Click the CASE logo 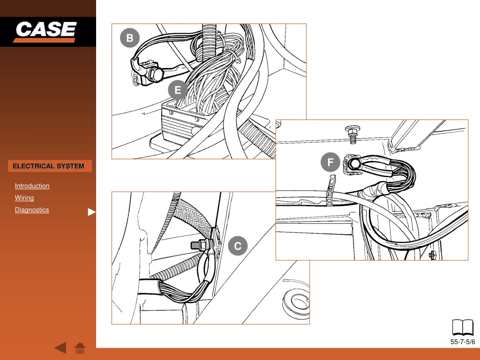pos(45,31)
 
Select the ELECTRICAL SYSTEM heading pos(48,166)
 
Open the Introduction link pos(32,186)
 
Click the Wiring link pos(24,198)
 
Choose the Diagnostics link pos(32,210)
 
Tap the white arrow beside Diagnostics pos(91,212)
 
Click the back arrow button pos(60,348)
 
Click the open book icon pos(463,327)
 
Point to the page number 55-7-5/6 pos(463,342)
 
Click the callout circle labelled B pos(130,38)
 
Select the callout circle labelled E pos(178,90)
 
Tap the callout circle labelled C pos(238,246)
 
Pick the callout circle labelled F pos(330,162)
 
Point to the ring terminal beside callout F pos(354,165)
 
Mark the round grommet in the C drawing pos(296,301)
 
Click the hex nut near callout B pos(156,74)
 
